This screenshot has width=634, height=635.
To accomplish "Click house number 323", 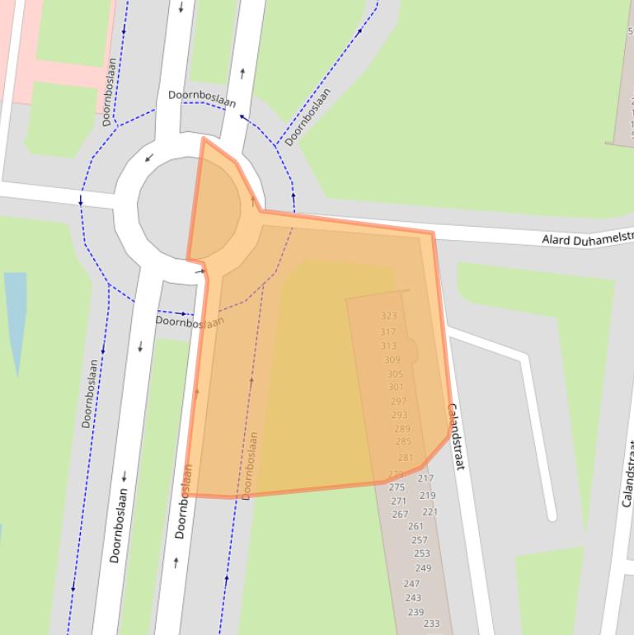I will (389, 316).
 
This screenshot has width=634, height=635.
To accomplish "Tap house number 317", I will (387, 332).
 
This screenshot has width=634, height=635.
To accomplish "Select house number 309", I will (392, 360).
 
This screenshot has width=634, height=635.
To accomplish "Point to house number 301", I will (396, 387).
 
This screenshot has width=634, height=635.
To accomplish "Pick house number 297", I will (398, 402).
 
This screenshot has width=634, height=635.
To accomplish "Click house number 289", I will (402, 428).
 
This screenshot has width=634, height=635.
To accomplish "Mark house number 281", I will (405, 458).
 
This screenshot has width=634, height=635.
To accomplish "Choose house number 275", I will (397, 487).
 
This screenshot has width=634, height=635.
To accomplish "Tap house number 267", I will (400, 514).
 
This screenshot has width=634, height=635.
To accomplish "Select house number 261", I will (416, 525).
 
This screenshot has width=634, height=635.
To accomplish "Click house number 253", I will (421, 553).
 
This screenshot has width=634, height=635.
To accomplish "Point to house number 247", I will (411, 583).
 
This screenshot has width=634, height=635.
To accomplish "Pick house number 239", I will (416, 612).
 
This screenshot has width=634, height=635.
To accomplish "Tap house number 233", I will (431, 623).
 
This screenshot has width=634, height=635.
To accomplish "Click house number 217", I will (425, 478).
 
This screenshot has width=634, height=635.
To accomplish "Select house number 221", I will (430, 511).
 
